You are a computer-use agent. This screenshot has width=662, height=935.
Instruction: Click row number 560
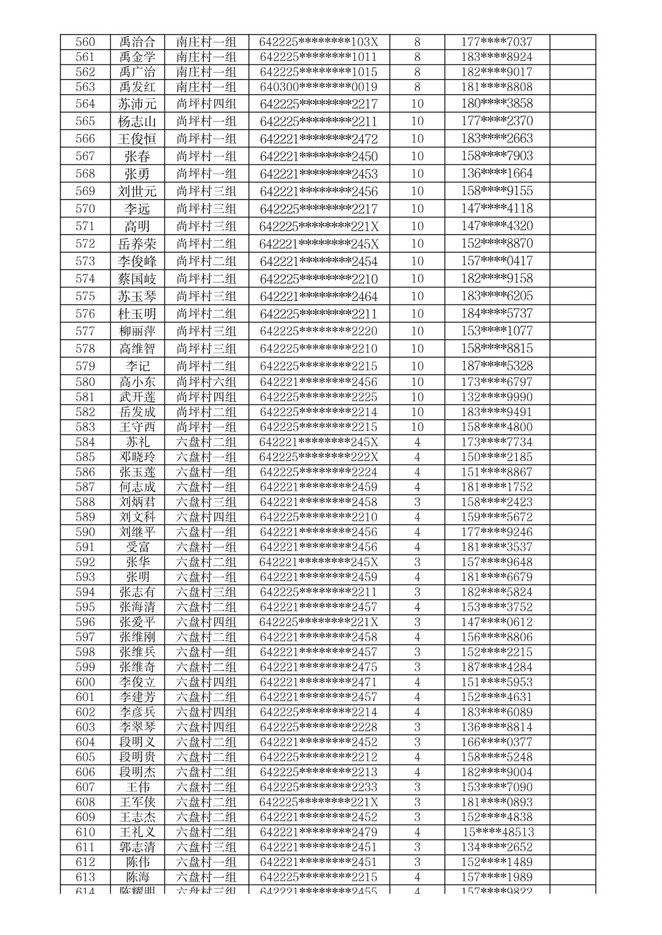coord(85,42)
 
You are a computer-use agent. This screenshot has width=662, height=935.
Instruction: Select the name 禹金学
coord(137,57)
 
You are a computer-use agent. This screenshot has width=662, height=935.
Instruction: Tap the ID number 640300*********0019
coord(318,87)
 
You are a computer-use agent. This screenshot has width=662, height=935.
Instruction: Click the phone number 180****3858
coord(496,103)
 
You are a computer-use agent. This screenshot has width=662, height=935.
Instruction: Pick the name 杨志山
coord(137,121)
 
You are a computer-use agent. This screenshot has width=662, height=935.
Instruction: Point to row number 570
coord(85,209)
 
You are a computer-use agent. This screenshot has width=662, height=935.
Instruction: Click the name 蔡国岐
coord(137,279)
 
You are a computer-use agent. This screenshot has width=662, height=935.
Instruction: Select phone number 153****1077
coord(496,331)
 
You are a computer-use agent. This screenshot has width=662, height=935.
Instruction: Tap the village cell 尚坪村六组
coord(206,382)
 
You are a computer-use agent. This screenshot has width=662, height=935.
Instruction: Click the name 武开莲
coord(137,397)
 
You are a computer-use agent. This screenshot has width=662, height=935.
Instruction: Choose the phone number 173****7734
coord(496,442)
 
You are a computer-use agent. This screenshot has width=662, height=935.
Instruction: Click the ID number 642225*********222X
coord(318,457)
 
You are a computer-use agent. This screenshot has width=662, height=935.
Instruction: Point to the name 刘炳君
coord(137,502)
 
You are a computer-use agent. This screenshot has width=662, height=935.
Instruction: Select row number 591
coord(85,547)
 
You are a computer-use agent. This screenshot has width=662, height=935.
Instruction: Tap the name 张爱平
coord(137,622)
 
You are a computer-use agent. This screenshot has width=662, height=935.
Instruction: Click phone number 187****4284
coord(496,667)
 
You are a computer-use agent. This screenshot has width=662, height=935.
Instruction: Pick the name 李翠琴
coord(137,727)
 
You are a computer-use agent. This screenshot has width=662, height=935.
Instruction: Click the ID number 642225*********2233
coord(318,787)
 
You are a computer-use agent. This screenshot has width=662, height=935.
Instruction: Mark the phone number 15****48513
coord(498,832)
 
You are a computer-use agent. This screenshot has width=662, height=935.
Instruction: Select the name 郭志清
coord(137,847)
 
